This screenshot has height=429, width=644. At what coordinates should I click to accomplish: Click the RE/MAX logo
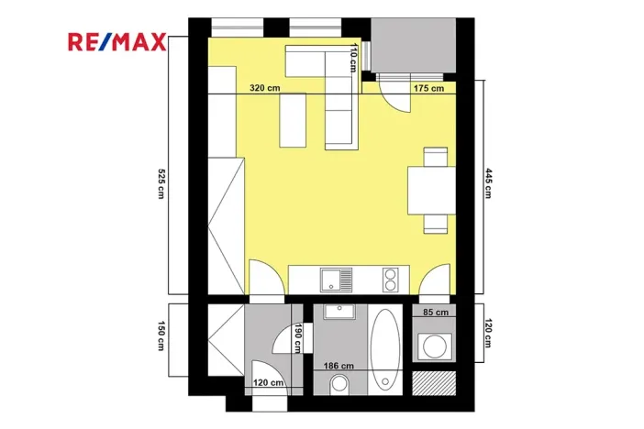tap(116, 41)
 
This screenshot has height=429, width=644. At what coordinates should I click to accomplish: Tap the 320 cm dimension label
tap(265, 88)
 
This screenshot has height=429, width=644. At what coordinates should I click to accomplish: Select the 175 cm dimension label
tap(428, 88)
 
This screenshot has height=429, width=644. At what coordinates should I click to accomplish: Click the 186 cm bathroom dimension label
tap(339, 366)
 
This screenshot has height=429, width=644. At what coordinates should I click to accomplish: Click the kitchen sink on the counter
tap(335, 278)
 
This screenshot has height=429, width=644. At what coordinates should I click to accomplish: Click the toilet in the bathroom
tap(340, 383)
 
